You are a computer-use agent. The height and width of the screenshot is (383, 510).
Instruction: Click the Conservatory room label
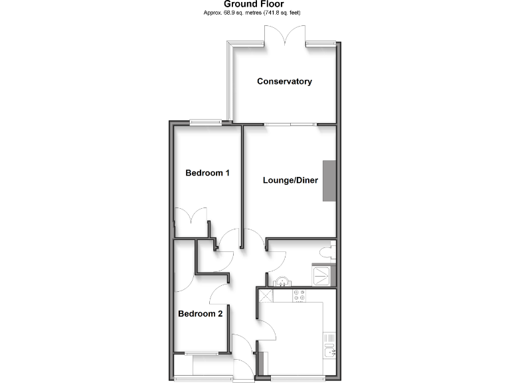click(x=285, y=82)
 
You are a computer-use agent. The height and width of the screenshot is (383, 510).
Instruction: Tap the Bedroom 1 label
click(x=207, y=173)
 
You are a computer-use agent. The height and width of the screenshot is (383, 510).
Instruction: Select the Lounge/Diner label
click(x=290, y=180)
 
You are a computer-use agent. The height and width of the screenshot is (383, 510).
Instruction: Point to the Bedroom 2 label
click(x=200, y=314)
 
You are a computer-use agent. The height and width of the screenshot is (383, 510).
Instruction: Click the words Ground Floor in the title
click(x=254, y=4)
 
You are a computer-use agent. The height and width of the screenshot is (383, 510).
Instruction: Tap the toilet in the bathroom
click(x=325, y=252)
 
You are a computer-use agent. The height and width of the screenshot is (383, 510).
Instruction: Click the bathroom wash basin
click(x=284, y=281)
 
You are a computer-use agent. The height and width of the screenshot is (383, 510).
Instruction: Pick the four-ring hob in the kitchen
click(x=298, y=295)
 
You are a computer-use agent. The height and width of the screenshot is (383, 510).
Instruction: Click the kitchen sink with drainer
click(x=330, y=346)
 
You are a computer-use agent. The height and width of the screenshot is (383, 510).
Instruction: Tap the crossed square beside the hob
click(x=266, y=296)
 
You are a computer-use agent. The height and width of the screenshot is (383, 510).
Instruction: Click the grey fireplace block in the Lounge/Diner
click(x=329, y=181)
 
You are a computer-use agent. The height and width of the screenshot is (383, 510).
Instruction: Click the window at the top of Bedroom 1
click(x=205, y=121)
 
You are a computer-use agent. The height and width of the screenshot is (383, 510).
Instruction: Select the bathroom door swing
click(x=277, y=253)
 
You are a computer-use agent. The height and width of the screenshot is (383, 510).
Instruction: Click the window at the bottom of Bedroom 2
click(x=202, y=352)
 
